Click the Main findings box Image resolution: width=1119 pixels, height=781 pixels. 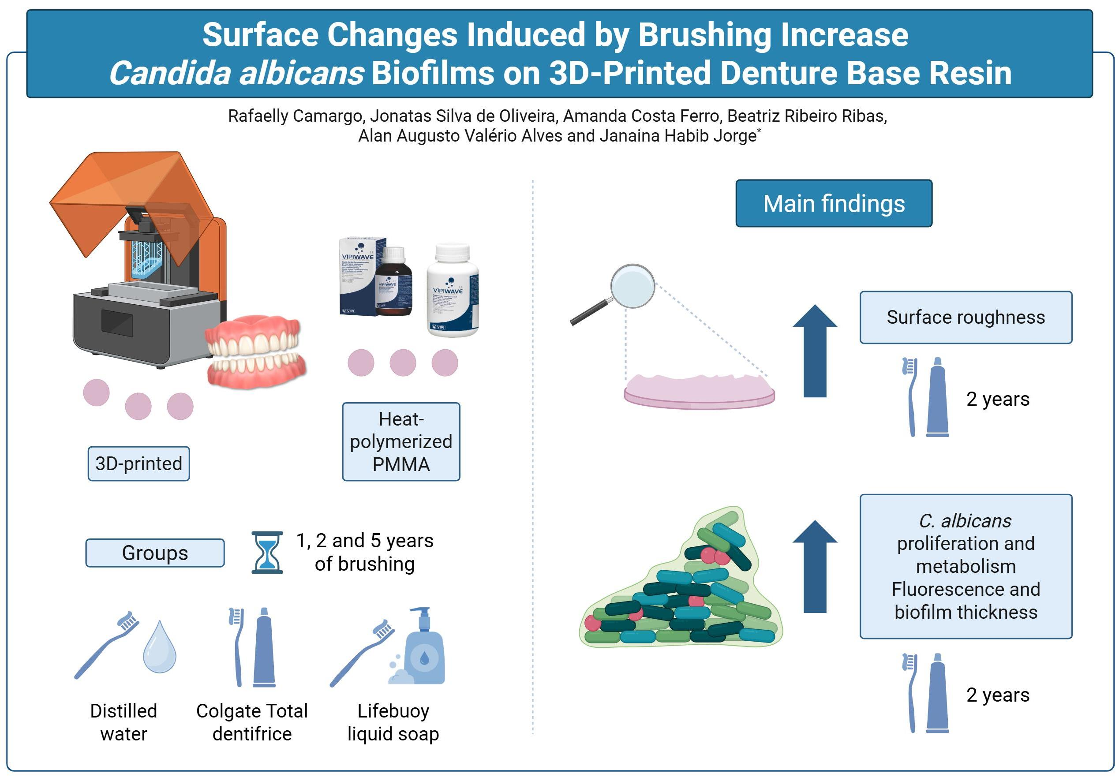833,203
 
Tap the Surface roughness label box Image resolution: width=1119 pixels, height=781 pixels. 966,317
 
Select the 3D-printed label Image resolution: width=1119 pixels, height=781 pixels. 138,463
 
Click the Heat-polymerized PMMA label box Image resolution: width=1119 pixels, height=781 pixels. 400,441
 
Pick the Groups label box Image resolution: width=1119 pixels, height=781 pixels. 155,553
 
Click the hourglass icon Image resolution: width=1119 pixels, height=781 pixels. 267,552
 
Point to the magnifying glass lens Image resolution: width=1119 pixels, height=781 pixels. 632,286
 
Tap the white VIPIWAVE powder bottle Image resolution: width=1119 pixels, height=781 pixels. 452,291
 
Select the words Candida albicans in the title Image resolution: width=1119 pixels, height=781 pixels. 236,73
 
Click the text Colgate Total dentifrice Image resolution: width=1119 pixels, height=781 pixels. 252,722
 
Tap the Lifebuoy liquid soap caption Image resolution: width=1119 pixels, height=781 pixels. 393,722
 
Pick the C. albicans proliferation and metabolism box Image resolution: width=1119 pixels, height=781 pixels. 966,566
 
